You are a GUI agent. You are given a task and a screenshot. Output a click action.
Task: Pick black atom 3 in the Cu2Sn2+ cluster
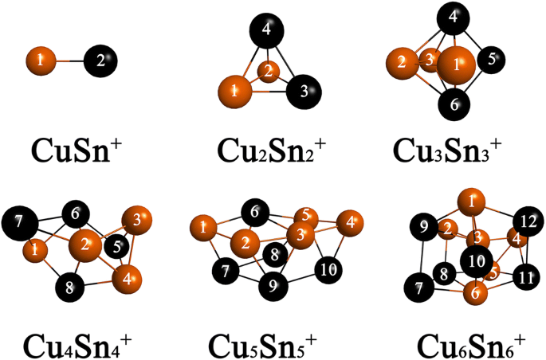(303, 89)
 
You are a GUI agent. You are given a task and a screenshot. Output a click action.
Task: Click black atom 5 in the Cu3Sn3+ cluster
(492, 59)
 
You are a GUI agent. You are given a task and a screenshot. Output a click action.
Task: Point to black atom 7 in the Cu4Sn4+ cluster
(19, 221)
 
